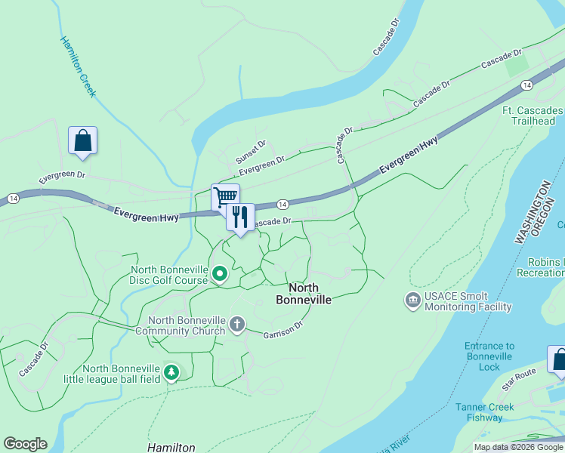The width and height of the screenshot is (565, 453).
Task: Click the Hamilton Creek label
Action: (78, 66)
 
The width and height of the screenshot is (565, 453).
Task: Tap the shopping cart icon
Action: (225, 197)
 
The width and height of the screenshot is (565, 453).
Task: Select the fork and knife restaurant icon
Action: (240, 217)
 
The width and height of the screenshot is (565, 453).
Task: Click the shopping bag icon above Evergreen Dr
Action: (82, 140)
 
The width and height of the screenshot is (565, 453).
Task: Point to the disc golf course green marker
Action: (219, 274)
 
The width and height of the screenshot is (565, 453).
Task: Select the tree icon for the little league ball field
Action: (172, 372)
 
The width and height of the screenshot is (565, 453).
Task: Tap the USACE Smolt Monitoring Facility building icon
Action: (413, 300)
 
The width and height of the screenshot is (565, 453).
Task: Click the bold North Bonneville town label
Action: (310, 294)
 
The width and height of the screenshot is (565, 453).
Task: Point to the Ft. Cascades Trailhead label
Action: (536, 116)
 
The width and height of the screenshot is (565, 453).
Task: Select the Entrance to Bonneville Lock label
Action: (489, 356)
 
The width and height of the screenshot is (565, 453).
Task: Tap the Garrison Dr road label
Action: (283, 329)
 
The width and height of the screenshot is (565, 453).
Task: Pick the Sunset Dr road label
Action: (251, 153)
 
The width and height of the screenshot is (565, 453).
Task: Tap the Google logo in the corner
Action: (25, 444)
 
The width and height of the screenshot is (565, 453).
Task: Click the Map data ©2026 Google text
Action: (518, 447)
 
